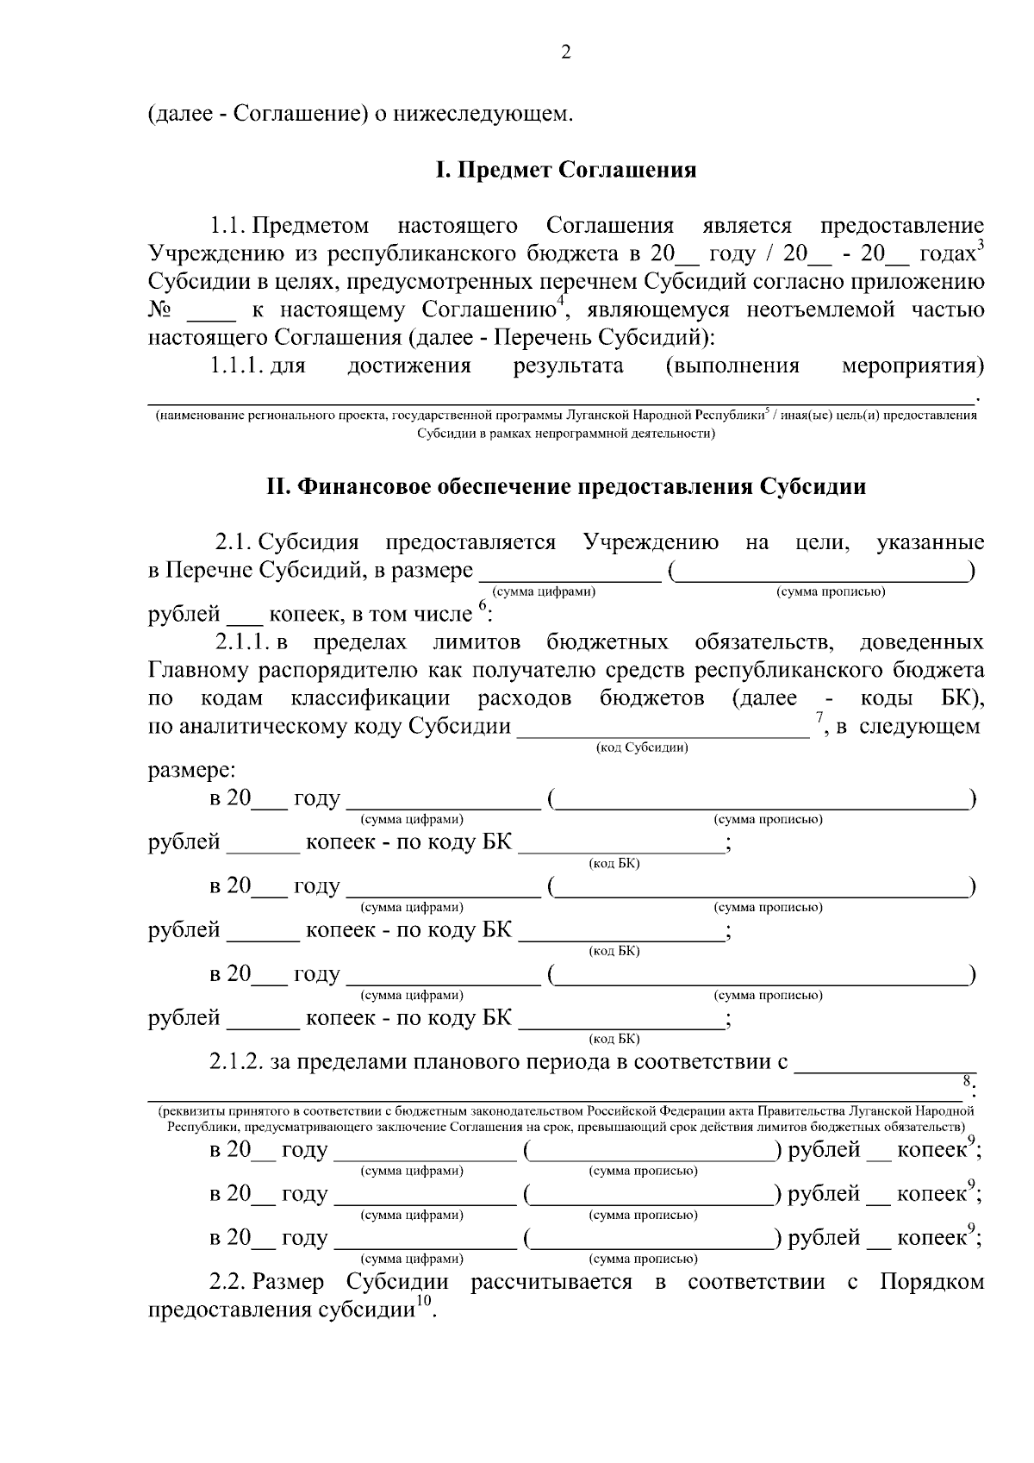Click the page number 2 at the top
(x=565, y=53)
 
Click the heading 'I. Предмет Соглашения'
(x=565, y=170)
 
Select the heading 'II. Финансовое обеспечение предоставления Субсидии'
(x=565, y=487)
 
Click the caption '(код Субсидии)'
(x=642, y=747)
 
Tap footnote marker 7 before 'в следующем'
(x=820, y=717)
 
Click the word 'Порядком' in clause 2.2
(x=931, y=1282)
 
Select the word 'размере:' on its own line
(x=192, y=769)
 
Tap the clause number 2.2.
(x=228, y=1282)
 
